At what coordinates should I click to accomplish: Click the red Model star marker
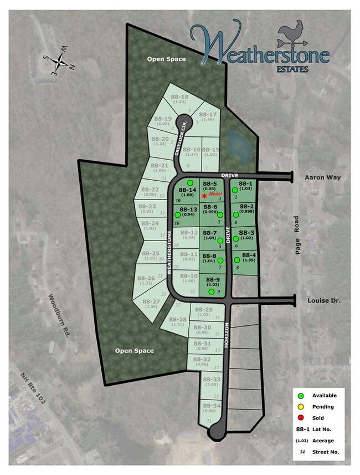204,196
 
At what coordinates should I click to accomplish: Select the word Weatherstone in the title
260,49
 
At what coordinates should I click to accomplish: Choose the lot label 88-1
245,184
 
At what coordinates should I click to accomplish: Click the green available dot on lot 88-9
211,292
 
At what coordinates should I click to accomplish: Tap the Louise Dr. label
322,300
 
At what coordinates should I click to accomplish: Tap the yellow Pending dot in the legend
301,407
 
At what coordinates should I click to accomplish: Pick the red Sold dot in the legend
301,418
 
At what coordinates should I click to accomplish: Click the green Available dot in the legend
301,396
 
